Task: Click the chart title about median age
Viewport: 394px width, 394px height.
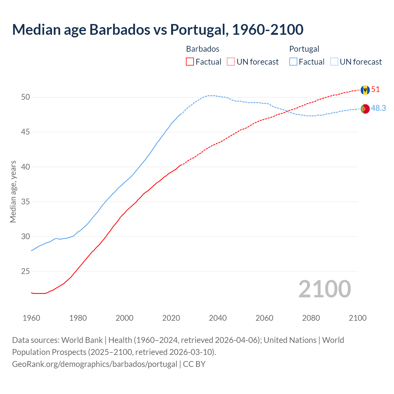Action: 158,30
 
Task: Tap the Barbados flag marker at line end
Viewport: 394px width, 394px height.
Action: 365,90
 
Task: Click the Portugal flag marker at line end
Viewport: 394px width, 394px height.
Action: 365,109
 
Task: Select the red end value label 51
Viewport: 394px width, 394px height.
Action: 376,90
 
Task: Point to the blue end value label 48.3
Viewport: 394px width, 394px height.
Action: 378,108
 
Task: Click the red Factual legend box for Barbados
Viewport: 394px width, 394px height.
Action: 190,62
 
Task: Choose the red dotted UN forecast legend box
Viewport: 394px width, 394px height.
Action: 231,62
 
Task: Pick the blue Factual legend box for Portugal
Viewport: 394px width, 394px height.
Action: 293,62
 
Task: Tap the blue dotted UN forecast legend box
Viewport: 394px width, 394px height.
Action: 334,62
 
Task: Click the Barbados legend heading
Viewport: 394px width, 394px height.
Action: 203,49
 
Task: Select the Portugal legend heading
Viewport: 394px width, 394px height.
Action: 304,49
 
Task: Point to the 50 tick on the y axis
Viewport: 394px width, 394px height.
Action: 26,97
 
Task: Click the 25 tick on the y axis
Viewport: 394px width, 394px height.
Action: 26,271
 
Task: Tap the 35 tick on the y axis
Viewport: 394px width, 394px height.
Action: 26,202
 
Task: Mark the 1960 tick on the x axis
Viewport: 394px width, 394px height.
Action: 31,318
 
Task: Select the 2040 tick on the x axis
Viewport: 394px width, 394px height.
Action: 218,318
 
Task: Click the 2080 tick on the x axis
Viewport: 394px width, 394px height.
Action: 311,318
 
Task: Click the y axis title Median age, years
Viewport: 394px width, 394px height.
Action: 13,191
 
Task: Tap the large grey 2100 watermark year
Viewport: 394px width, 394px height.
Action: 324,289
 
